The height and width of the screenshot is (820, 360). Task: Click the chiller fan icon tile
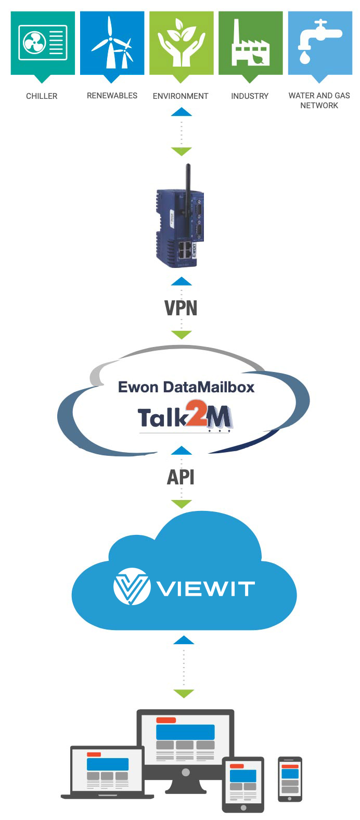coord(43,43)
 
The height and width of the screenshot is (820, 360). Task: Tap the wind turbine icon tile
coord(112,43)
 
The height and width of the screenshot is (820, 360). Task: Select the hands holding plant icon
coord(181,43)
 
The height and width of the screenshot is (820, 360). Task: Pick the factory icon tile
coord(250,43)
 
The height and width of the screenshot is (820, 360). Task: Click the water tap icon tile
coord(319,43)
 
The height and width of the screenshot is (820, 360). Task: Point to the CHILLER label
coord(42,96)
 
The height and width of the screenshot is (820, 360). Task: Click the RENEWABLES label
coord(112,96)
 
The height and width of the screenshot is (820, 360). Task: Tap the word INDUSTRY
coord(250,96)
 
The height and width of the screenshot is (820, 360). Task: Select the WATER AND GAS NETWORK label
coord(319,100)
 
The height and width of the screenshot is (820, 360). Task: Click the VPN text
coord(181,308)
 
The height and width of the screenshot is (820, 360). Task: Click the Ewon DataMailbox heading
coord(186,387)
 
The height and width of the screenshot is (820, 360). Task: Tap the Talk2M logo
coord(185,418)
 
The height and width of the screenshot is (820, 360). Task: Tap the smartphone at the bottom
coord(290,779)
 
